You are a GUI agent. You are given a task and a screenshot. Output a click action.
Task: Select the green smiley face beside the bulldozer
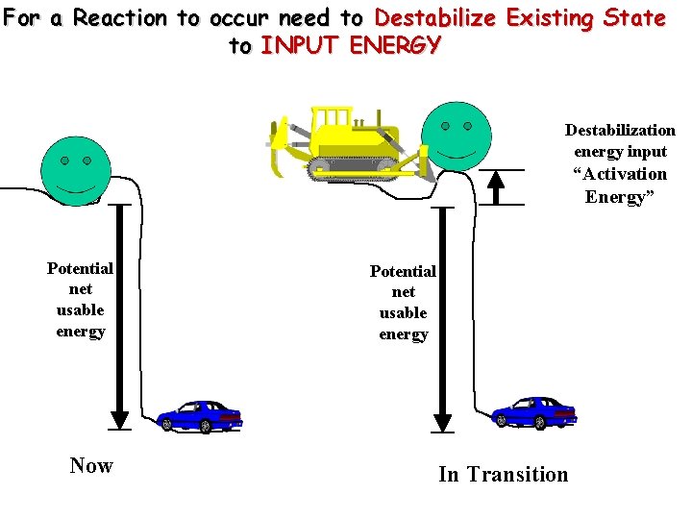[x=456, y=136]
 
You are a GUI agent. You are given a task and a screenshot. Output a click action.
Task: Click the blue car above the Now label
[x=200, y=415]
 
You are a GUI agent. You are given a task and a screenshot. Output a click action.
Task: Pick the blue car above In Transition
[x=533, y=412]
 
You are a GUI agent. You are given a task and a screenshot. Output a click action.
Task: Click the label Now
[x=91, y=466]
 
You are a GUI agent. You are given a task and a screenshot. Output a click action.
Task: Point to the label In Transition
[x=503, y=474]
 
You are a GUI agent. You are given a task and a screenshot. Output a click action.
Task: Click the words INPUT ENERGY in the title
[x=350, y=44]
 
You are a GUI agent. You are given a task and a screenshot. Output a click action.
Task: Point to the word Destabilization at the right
[x=620, y=130]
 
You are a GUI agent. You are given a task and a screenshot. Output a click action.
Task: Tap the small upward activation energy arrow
[x=496, y=186]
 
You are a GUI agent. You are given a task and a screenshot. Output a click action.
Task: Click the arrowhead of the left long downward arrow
[x=119, y=420]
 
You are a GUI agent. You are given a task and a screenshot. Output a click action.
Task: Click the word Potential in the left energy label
[x=80, y=268]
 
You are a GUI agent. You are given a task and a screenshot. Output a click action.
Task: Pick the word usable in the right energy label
[x=404, y=313]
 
